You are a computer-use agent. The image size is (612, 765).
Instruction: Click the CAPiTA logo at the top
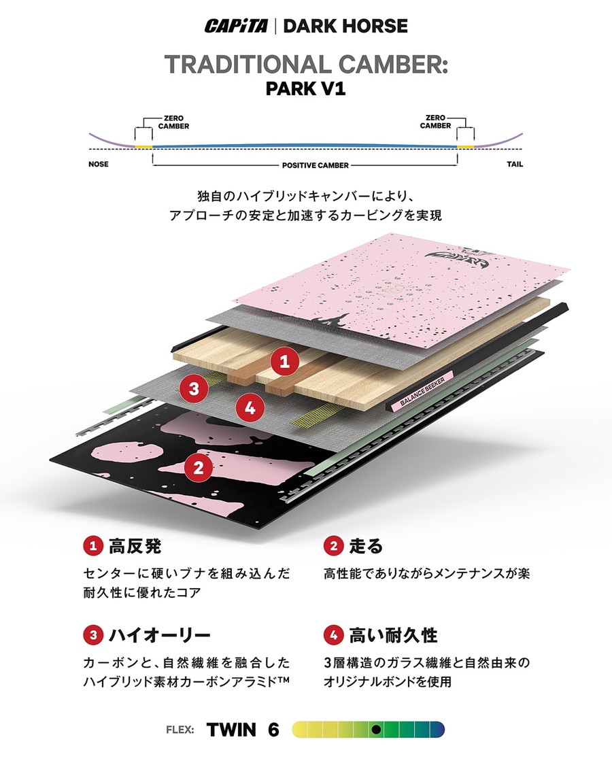point(237,27)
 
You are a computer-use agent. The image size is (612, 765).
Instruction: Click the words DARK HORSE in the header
point(345,27)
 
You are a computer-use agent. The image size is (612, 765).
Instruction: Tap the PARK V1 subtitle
point(306,89)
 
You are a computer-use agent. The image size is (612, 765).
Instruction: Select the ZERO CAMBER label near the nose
point(173,122)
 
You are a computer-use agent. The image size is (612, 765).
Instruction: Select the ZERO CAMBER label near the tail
point(435,122)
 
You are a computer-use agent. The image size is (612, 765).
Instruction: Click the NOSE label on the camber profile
point(99,165)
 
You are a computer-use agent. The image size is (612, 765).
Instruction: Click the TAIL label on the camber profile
point(515,165)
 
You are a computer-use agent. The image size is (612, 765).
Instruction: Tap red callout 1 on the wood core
point(284,362)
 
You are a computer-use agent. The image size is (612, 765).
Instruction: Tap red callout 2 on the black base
point(199,467)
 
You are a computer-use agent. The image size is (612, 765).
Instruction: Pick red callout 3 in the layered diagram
point(194,389)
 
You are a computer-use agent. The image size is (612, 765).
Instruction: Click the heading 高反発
point(135,545)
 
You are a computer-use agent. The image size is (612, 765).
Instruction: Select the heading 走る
point(366,545)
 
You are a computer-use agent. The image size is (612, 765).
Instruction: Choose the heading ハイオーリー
point(158,636)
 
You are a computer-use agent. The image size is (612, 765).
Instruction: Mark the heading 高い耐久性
point(393,636)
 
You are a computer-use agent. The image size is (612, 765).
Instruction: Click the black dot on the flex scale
point(375,730)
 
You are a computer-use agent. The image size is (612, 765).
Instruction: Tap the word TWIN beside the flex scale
point(231,730)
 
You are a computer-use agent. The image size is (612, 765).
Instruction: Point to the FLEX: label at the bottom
point(180,730)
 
